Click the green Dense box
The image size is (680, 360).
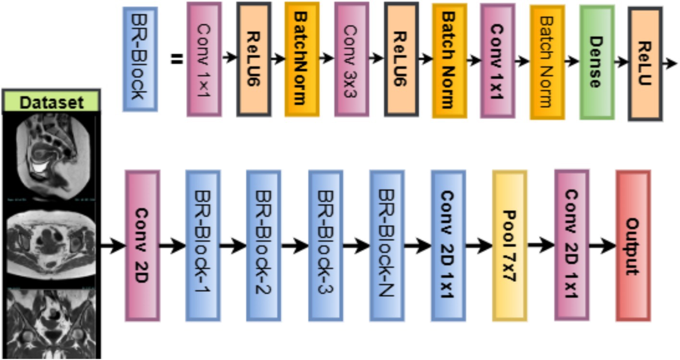(x=596, y=62)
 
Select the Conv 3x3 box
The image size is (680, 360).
(x=352, y=59)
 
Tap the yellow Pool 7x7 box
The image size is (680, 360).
(x=509, y=246)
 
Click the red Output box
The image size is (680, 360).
(x=633, y=245)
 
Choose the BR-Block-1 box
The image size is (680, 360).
(x=203, y=245)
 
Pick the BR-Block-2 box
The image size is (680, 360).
(x=264, y=245)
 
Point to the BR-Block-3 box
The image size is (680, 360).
(x=325, y=245)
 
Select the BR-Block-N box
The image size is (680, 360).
(x=387, y=245)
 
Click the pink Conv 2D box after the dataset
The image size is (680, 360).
(x=142, y=245)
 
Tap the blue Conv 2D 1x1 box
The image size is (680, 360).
(x=448, y=245)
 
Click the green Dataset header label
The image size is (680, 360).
(x=51, y=102)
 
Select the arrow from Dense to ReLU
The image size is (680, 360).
(x=621, y=61)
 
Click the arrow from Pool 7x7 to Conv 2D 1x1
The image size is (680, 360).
(x=540, y=245)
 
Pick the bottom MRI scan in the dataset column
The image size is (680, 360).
(x=51, y=322)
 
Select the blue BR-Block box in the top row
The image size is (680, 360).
(x=140, y=59)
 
